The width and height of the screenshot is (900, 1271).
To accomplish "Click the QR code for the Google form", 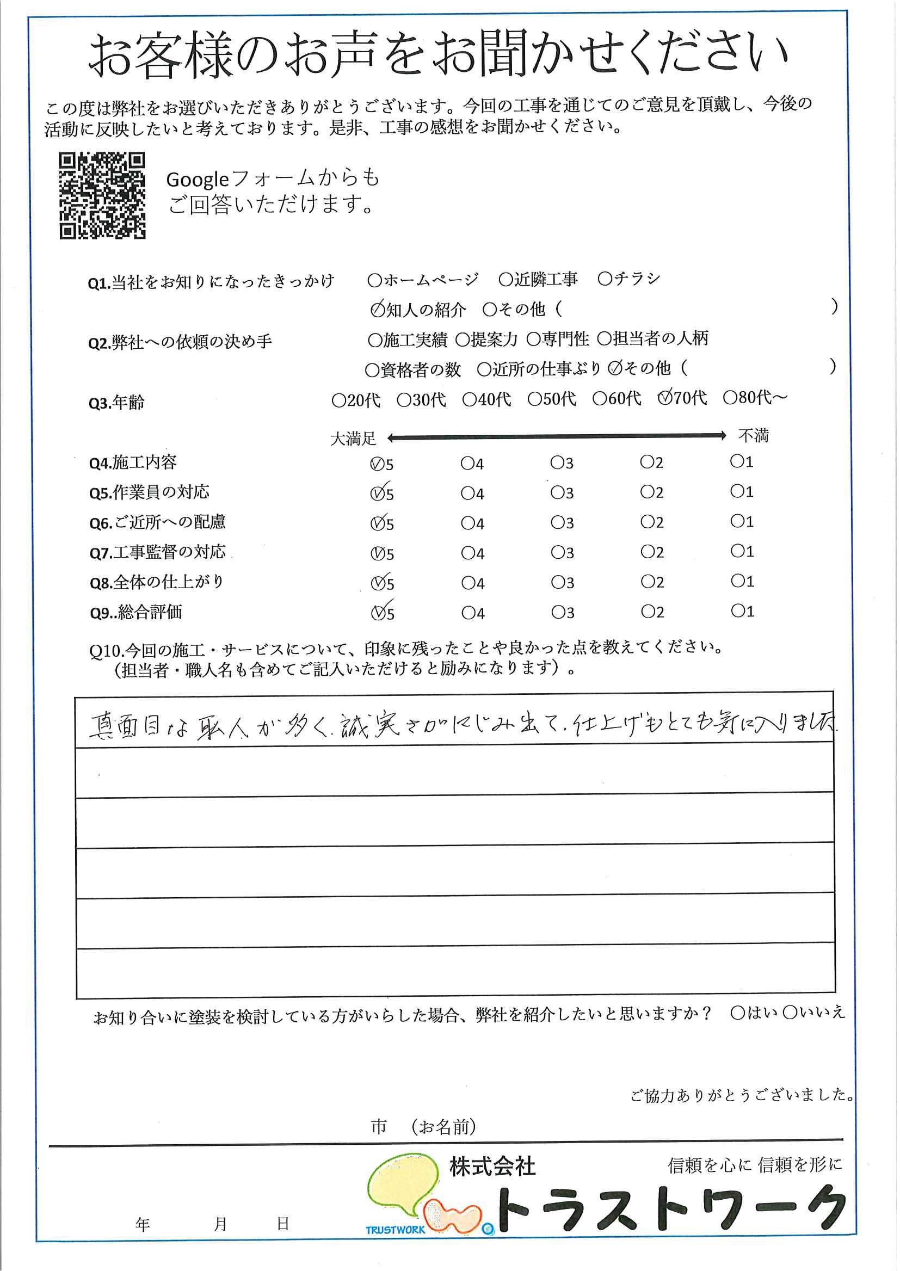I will pos(102,195).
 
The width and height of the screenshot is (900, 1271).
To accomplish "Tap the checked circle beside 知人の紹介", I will pos(378,310).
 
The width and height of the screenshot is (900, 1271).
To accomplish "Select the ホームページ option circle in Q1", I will pos(374,280).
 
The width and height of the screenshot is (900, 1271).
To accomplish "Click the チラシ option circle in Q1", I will pos(605,279).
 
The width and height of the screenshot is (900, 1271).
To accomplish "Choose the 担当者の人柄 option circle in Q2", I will pos(604,338).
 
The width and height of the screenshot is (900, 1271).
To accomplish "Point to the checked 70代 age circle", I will pos(664,398).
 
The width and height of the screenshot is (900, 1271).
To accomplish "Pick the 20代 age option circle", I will pos(338,400).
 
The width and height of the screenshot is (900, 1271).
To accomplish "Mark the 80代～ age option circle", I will pos(730,398).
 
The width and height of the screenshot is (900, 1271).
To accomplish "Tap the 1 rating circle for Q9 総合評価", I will pos(737,611).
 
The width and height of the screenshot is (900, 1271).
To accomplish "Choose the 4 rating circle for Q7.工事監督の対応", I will pos(467,553).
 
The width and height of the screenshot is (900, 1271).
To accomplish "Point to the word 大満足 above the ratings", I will pos(353,440).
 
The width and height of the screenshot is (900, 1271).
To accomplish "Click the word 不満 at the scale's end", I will pos(753,436).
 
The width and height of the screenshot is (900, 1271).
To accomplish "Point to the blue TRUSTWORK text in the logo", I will pos(395,1230).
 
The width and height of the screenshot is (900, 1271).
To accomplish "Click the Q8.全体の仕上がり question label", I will pos(157,582).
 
